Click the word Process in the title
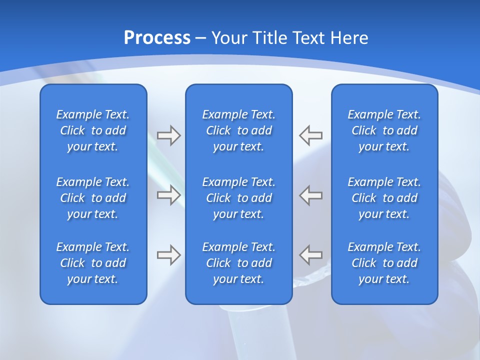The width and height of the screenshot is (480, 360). [x=157, y=38]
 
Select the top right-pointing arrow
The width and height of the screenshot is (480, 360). [x=169, y=135]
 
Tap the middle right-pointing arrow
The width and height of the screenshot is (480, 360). [x=169, y=195]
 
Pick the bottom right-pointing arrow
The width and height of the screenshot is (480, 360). [x=169, y=255]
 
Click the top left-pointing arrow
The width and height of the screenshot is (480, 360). [x=310, y=135]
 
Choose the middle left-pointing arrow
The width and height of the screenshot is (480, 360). [x=310, y=195]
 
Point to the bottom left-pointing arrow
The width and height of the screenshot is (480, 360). [x=310, y=255]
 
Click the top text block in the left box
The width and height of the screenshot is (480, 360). [x=93, y=130]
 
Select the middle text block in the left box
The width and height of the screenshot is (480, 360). [x=93, y=198]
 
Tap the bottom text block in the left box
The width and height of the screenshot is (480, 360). [x=93, y=263]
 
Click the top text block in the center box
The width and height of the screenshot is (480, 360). [x=238, y=130]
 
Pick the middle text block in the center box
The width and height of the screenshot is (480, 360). [x=238, y=198]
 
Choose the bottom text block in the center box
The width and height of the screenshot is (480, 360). [x=238, y=263]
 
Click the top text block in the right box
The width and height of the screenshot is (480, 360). [x=384, y=130]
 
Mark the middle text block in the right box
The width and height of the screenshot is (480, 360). [x=384, y=198]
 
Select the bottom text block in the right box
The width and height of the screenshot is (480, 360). [x=384, y=263]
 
